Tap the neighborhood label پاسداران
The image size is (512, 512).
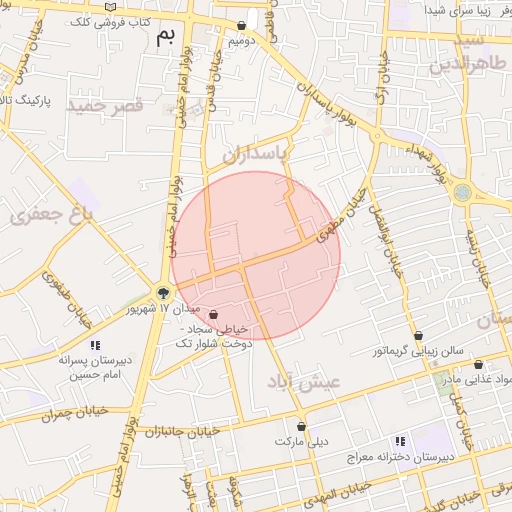pyautogui.click(x=254, y=154)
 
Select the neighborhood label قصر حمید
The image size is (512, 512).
pyautogui.click(x=106, y=104)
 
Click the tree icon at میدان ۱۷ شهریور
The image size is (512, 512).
pyautogui.click(x=161, y=293)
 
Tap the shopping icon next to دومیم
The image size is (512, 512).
pyautogui.click(x=242, y=26)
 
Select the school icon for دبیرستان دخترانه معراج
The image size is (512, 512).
pyautogui.click(x=399, y=440)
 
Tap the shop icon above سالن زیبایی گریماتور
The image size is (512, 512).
pyautogui.click(x=418, y=336)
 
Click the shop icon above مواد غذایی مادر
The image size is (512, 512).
pyautogui.click(x=478, y=365)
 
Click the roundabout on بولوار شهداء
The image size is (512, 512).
pyautogui.click(x=462, y=192)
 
